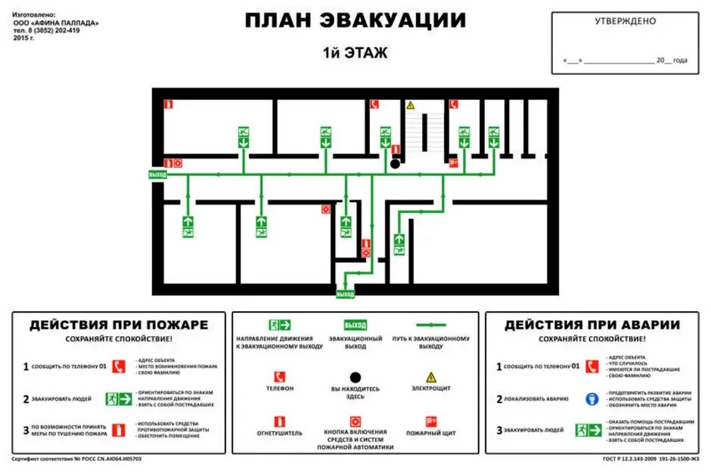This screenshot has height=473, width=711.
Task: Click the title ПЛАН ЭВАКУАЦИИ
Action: [355, 20]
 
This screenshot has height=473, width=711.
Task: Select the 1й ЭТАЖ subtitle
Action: [355, 53]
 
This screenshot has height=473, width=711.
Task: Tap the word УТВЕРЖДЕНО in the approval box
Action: [625, 21]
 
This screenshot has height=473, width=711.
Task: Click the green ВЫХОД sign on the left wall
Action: [157, 175]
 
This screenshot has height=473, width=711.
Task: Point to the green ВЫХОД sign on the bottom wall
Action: [345, 293]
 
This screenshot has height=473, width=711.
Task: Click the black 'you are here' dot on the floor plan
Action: [395, 162]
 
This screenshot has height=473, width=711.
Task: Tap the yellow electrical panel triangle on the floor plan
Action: [411, 105]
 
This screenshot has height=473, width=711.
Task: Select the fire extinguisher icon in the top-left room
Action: [169, 104]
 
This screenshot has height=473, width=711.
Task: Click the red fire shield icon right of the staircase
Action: [453, 162]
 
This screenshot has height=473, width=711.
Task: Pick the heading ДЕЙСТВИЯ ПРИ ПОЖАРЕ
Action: [119, 325]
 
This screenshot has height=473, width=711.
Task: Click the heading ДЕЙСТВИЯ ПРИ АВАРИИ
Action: [592, 325]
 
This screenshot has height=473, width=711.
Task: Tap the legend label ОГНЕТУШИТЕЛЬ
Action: [280, 433]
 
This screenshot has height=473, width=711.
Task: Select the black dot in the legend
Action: [355, 376]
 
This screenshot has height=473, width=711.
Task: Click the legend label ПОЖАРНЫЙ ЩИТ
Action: [431, 433]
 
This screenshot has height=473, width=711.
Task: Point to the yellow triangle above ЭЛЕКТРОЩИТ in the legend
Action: [431, 376]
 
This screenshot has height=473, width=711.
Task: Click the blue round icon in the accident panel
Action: [591, 398]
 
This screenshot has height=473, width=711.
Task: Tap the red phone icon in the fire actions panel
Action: [118, 366]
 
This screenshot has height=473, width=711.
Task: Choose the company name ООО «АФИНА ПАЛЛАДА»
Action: [56, 23]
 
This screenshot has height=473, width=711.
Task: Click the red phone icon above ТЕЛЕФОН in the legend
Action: [280, 376]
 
